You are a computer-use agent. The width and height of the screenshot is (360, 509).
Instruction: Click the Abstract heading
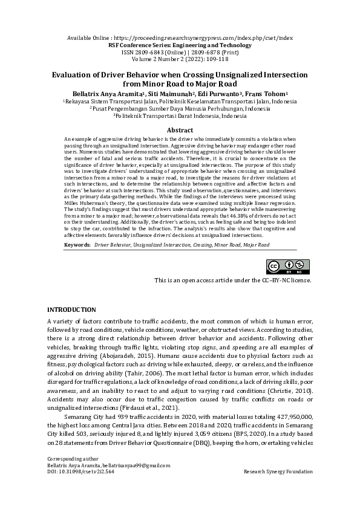[x=180, y=130]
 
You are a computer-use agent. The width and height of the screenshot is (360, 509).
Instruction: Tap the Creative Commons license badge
[x=289, y=267]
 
